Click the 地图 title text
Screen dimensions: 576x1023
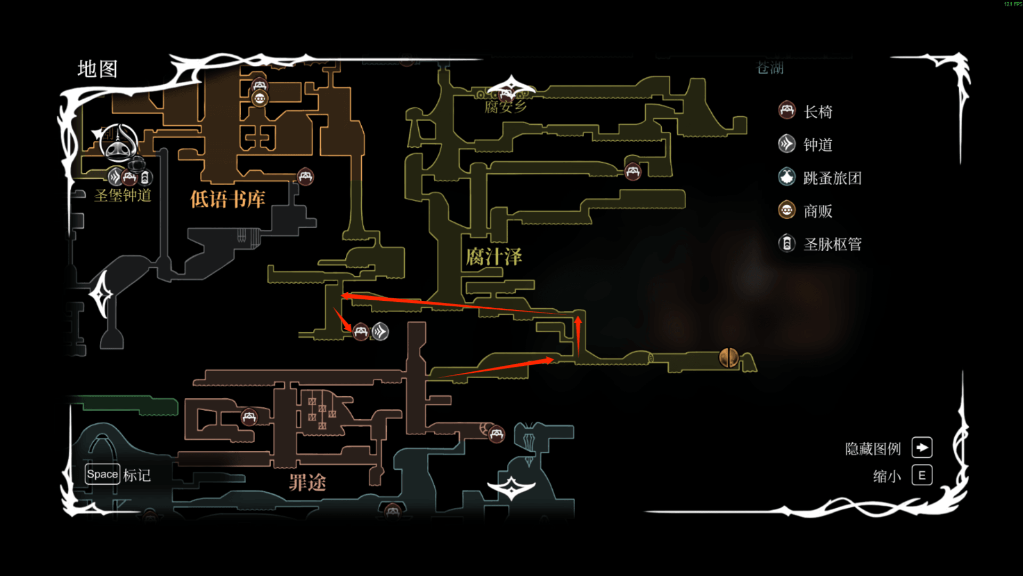click(x=98, y=69)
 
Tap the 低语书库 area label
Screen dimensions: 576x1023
click(x=228, y=199)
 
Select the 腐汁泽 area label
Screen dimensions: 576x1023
click(x=494, y=257)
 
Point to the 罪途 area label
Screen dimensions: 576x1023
click(x=307, y=483)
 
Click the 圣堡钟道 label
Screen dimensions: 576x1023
click(x=123, y=196)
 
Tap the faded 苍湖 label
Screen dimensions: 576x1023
click(x=770, y=68)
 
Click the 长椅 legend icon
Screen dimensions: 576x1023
click(x=787, y=110)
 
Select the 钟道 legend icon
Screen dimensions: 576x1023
click(x=787, y=144)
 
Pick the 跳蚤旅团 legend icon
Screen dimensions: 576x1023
click(x=787, y=177)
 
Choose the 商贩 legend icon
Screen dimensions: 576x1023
click(x=787, y=210)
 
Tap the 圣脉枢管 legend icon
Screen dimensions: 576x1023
click(x=787, y=244)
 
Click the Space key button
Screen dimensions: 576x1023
click(x=102, y=474)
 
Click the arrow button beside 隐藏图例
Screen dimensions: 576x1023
click(x=922, y=447)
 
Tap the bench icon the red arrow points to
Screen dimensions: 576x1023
click(x=361, y=332)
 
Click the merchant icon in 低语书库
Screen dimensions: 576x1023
click(x=259, y=99)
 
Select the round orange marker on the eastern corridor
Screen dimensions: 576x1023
click(x=728, y=357)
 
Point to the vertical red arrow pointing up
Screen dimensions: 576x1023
click(x=578, y=336)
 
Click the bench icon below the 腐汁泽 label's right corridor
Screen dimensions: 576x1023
click(x=632, y=172)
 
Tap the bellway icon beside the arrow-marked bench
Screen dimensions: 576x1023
click(x=380, y=332)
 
